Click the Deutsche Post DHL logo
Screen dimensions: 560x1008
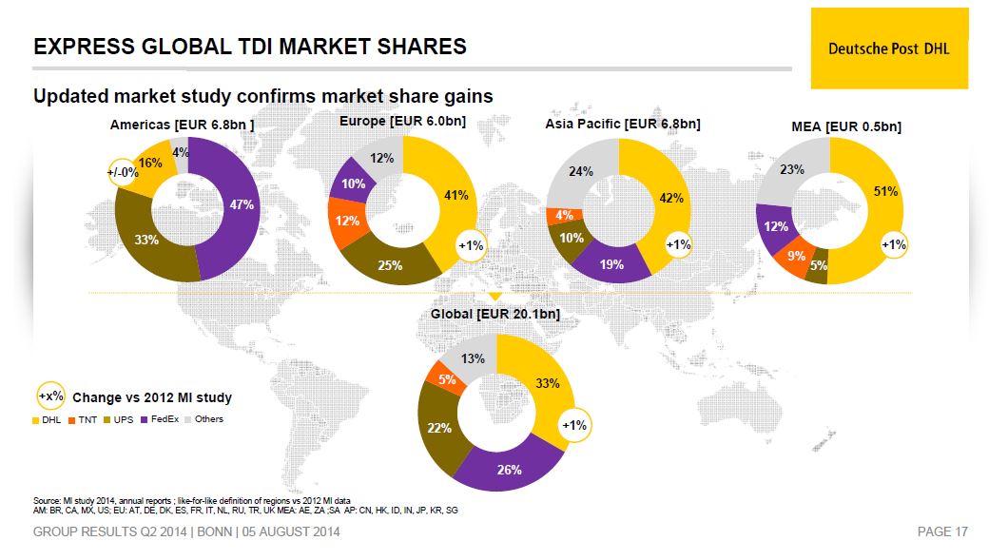(888, 48)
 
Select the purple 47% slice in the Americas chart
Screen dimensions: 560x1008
(238, 204)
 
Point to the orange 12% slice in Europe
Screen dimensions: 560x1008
(345, 221)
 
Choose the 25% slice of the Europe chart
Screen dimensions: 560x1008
(390, 265)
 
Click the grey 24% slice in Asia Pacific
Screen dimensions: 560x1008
(581, 172)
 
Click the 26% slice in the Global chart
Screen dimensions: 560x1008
(509, 469)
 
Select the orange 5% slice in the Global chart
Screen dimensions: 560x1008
(446, 378)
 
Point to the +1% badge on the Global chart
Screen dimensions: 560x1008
(574, 425)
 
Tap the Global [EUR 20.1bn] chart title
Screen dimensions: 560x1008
(496, 314)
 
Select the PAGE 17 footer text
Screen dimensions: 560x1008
(941, 532)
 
